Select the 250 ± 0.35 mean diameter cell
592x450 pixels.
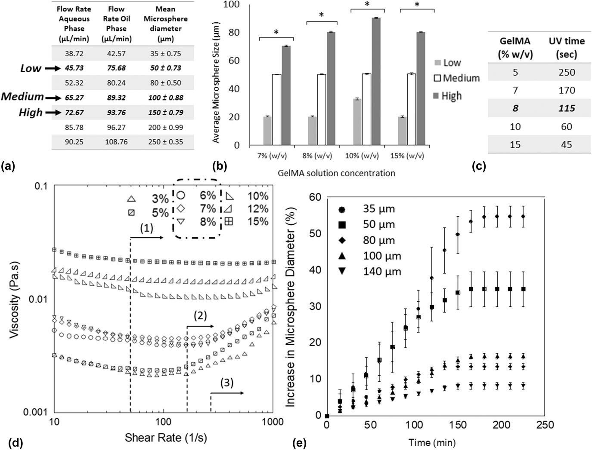click(165, 142)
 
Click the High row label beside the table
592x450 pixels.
click(31, 113)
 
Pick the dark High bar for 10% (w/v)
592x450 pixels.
click(376, 82)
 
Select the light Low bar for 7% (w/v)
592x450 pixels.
click(267, 131)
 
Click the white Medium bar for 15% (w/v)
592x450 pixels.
click(411, 110)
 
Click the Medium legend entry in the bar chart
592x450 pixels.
click(456, 78)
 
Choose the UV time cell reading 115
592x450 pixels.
click(566, 108)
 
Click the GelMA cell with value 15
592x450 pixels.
click(515, 144)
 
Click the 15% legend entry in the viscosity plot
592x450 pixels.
click(248, 222)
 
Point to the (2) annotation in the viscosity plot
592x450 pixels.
click(200, 316)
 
